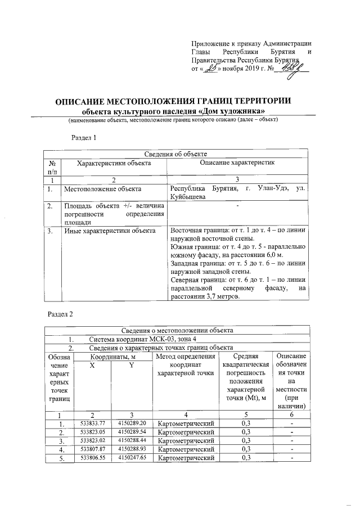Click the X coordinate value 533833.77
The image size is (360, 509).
point(93,422)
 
